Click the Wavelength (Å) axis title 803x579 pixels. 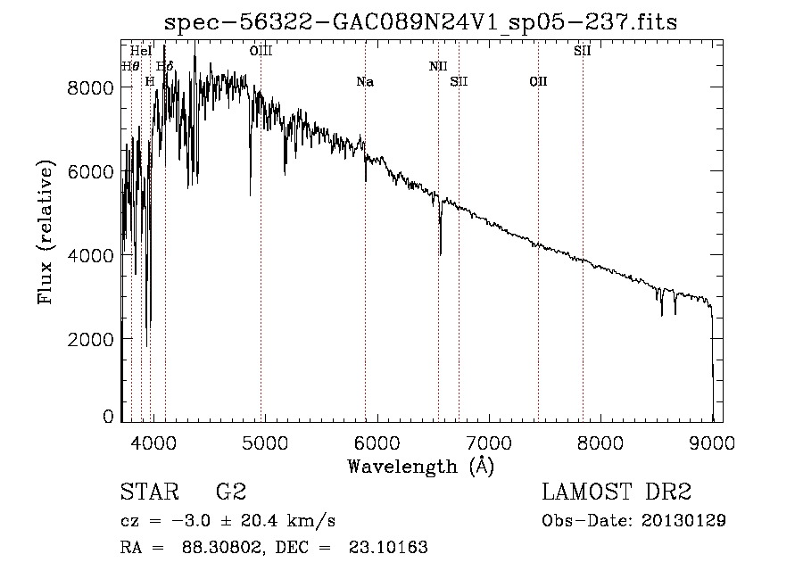(x=420, y=466)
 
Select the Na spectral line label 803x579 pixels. (x=365, y=82)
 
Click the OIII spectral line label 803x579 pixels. (x=261, y=51)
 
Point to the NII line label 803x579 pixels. (x=438, y=66)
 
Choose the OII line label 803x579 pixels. (x=538, y=82)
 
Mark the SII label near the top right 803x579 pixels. (x=582, y=51)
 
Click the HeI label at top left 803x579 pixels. (x=141, y=51)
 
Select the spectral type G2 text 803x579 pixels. (x=230, y=492)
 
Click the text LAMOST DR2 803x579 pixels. (x=616, y=492)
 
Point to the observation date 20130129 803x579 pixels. (x=683, y=520)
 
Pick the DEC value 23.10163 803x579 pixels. (x=390, y=548)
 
